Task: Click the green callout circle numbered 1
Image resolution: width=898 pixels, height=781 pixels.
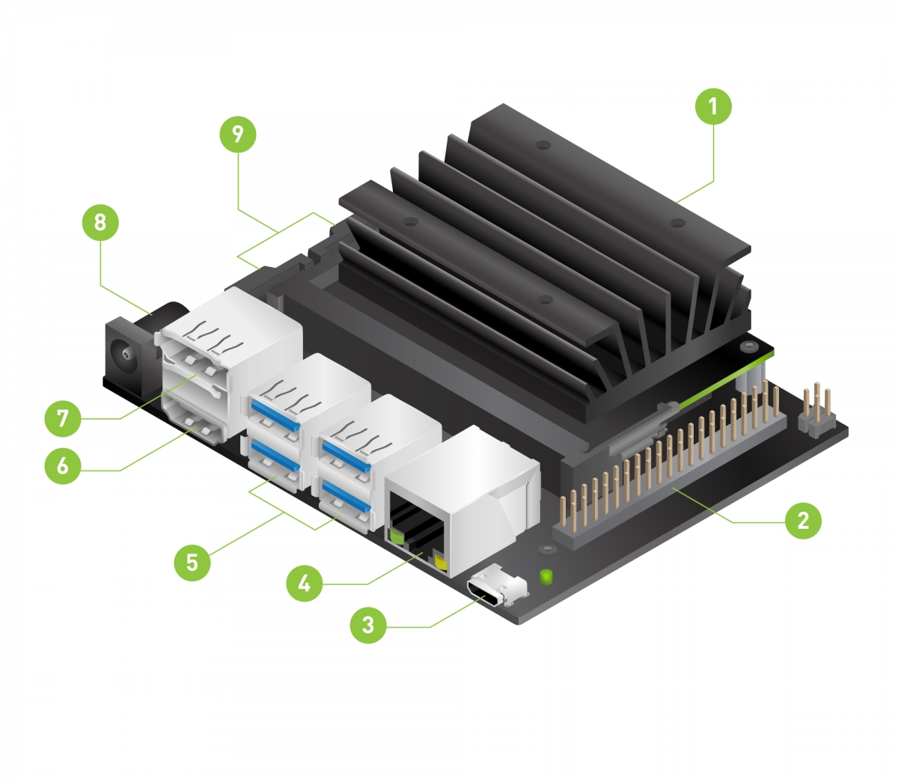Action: (712, 106)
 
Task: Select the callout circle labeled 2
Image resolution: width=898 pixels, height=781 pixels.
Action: (803, 520)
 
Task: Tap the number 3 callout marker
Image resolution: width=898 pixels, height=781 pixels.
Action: (367, 624)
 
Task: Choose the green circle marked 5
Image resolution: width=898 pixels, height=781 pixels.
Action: (192, 561)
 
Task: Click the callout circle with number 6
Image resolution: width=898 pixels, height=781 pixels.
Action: (62, 466)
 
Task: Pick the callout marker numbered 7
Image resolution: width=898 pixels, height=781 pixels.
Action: (62, 418)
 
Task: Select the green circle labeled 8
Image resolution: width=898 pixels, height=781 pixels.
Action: (100, 222)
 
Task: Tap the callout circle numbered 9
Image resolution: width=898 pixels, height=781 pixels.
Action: (238, 134)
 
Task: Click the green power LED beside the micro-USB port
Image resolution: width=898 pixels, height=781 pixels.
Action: (546, 577)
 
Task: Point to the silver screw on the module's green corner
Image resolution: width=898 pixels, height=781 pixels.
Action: (751, 346)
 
